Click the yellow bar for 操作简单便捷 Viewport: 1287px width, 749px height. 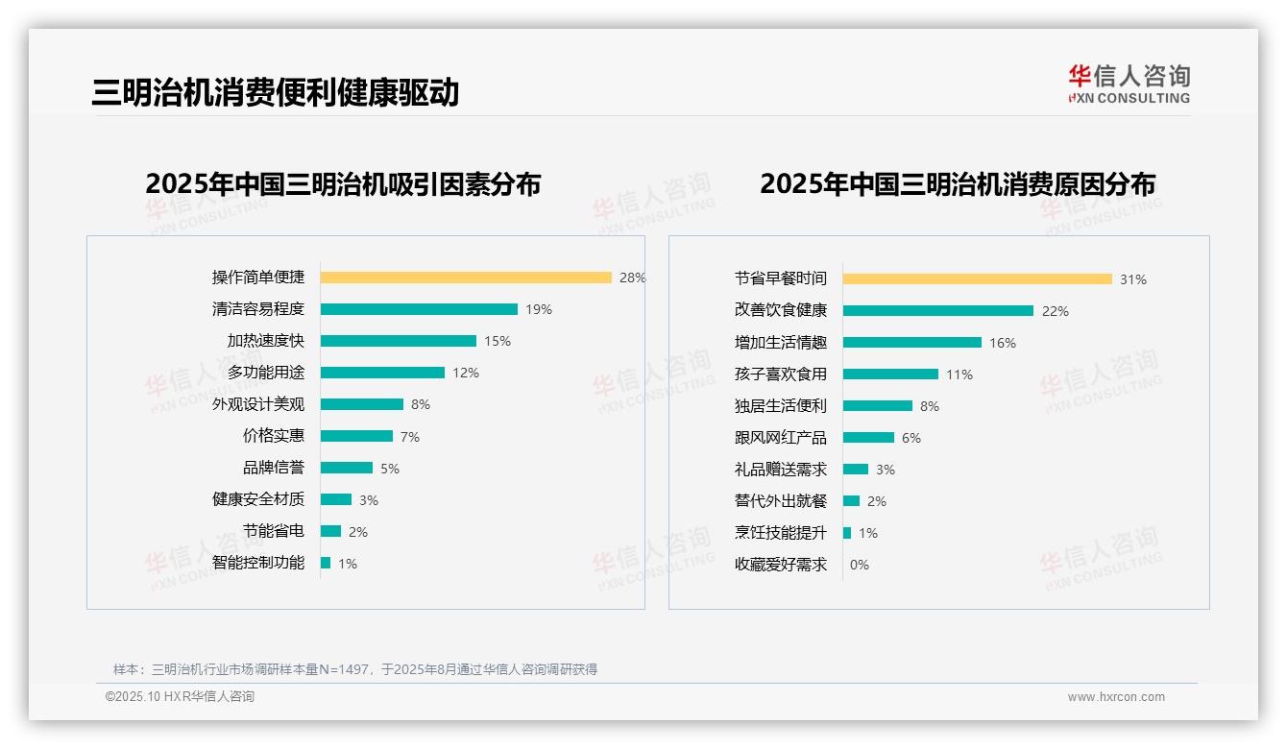[466, 278]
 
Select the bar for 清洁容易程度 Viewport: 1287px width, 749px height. [419, 309]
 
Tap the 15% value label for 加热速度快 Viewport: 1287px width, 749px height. [498, 341]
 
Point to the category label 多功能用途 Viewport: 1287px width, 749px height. [265, 373]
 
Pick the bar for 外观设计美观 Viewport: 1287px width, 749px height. [362, 404]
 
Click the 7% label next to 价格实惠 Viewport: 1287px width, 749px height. [410, 437]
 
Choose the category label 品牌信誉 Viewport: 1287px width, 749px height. [273, 468]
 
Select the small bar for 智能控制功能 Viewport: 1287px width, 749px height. [326, 563]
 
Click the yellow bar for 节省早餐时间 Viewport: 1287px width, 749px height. [978, 278]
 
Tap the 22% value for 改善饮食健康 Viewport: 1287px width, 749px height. [1056, 311]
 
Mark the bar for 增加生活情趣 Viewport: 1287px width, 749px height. [912, 342]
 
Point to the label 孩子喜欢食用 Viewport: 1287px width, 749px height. [780, 374]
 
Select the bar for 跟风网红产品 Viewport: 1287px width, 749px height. [868, 438]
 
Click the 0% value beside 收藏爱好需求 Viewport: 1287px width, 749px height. [859, 565]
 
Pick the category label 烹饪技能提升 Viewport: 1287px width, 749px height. [780, 533]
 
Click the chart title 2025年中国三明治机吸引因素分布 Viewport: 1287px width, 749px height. [343, 184]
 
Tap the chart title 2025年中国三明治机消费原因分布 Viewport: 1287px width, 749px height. [958, 184]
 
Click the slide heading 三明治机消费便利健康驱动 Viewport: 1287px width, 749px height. [276, 92]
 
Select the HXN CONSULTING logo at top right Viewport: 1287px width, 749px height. [1129, 85]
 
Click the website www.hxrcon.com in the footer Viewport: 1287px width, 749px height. [1116, 697]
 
